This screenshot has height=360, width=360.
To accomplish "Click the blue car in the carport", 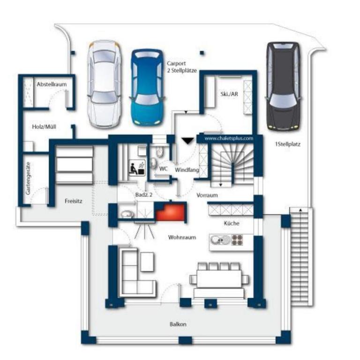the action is pyautogui.click(x=148, y=87).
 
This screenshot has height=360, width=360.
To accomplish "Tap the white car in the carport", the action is pyautogui.click(x=105, y=84).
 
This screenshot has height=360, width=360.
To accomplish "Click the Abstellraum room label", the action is pyautogui.click(x=52, y=84).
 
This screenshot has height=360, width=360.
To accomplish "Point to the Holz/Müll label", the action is pyautogui.click(x=44, y=127).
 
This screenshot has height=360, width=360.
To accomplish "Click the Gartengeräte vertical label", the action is pyautogui.click(x=28, y=179).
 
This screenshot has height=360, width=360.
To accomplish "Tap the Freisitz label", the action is pyautogui.click(x=73, y=201).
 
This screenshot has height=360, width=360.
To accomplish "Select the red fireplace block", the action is pyautogui.click(x=170, y=212).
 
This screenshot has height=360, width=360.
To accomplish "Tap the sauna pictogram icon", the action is pyautogui.click(x=137, y=168).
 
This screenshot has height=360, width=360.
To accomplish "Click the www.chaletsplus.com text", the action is pyautogui.click(x=229, y=138).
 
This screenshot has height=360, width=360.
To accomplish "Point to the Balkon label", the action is pyautogui.click(x=178, y=324).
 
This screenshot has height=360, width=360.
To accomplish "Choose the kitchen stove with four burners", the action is pyautogui.click(x=237, y=240).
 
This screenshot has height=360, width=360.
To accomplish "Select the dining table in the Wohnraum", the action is pyautogui.click(x=219, y=279).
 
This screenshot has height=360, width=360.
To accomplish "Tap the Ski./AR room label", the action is pyautogui.click(x=229, y=94).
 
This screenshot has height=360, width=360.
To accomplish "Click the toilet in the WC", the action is pyautogui.click(x=159, y=152).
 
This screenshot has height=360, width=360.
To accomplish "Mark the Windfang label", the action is pyautogui.click(x=187, y=170).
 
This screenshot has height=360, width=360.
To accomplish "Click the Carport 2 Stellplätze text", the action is pyautogui.click(x=181, y=67).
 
